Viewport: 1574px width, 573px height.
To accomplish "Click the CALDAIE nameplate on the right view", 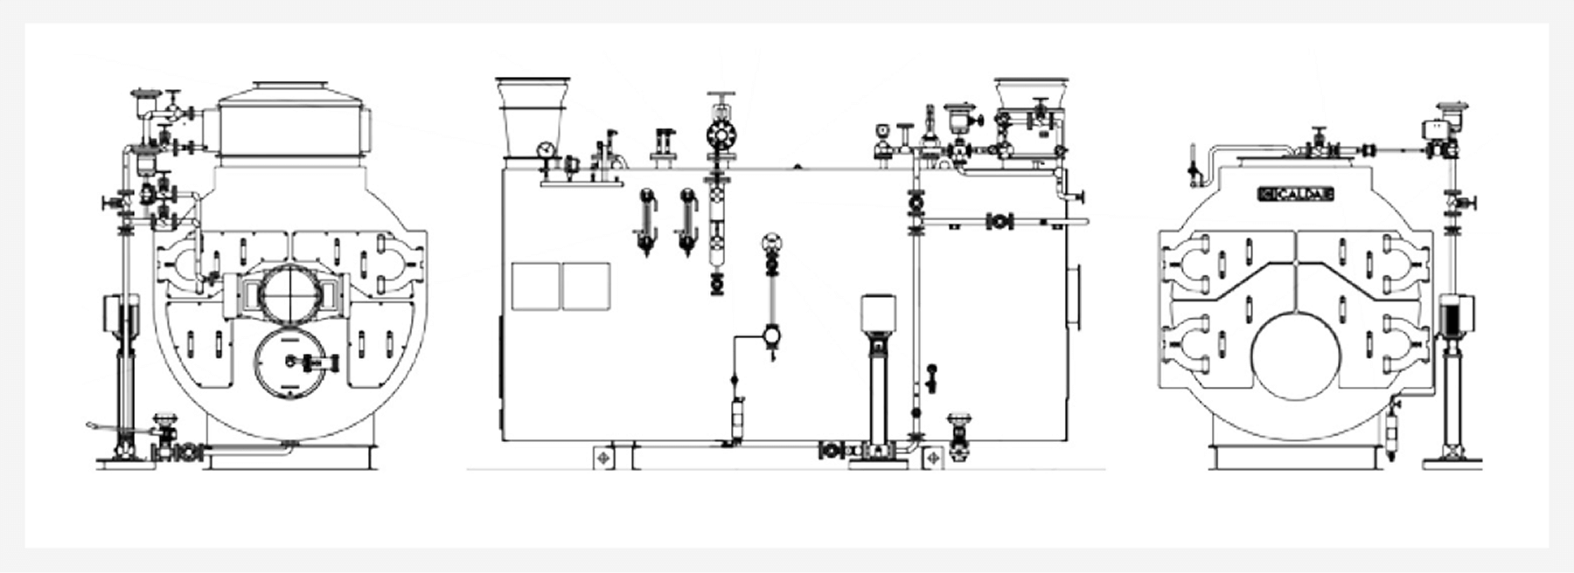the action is pyautogui.click(x=1296, y=195).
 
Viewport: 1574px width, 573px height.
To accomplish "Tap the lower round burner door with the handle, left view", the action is pyautogui.click(x=296, y=362).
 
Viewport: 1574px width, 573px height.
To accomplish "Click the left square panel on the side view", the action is pyautogui.click(x=535, y=286).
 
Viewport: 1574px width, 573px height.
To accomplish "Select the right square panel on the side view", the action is pyautogui.click(x=586, y=286).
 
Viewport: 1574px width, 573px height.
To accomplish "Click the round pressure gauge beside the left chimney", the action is pyautogui.click(x=547, y=149).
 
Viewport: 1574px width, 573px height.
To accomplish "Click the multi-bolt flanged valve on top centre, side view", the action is pyautogui.click(x=721, y=134).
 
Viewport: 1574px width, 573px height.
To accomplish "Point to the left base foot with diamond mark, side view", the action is pyautogui.click(x=604, y=458).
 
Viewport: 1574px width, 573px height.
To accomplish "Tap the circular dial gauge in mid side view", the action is pyautogui.click(x=771, y=244).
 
